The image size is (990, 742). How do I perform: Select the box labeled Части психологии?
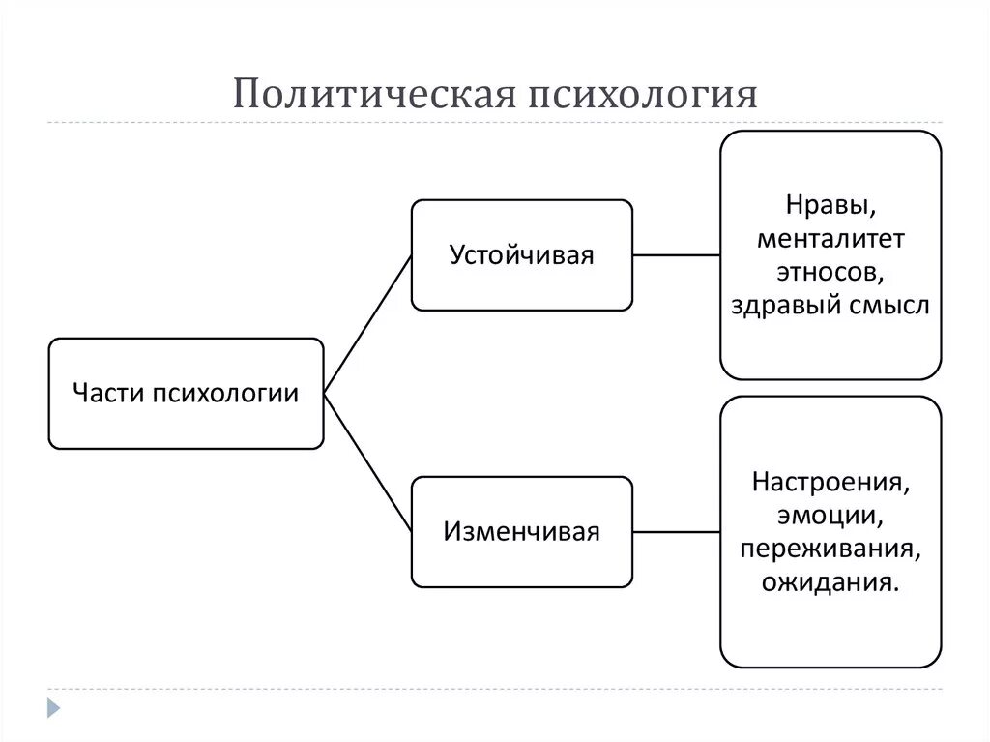coord(186,394)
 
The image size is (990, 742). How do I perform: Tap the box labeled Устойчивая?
coord(522,255)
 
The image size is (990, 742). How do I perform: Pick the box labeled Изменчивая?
coord(522,531)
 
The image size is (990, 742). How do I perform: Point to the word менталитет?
coord(830,238)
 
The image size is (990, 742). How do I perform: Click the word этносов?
coord(830,272)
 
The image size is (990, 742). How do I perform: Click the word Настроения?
coord(830,481)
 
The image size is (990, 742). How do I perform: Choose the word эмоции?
coord(830,515)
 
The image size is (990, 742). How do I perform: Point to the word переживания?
coord(830,549)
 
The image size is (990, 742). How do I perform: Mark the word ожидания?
coord(829,582)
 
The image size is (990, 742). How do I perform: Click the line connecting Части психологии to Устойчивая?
coord(367,324)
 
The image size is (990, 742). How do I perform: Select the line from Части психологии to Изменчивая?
coord(367,462)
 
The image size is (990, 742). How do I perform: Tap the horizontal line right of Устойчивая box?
coord(677,255)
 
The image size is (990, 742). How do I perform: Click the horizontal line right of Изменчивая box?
coord(677,531)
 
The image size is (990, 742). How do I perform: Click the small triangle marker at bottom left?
coord(54,708)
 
